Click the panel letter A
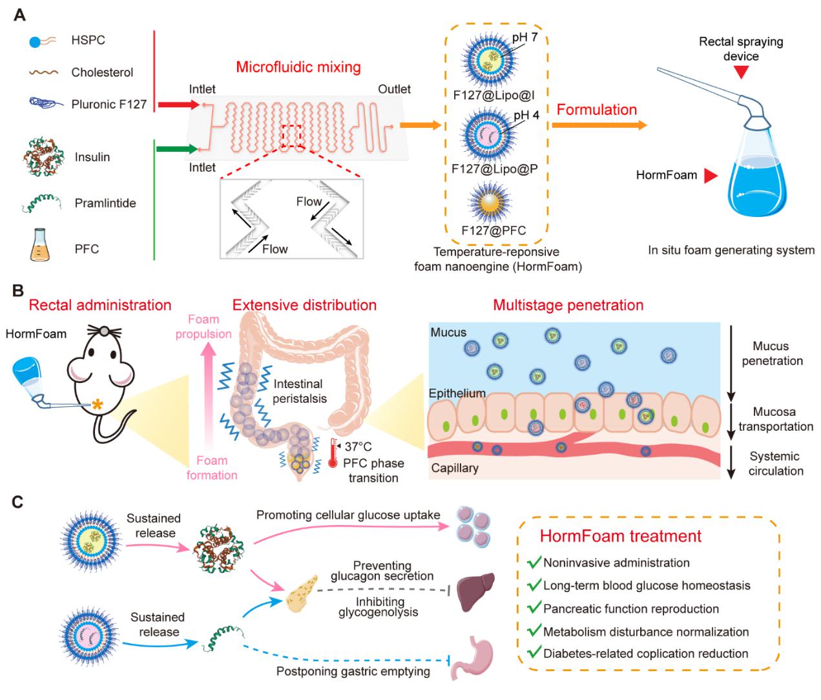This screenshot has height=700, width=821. (x=20, y=14)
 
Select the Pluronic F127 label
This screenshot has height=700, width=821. (x=109, y=104)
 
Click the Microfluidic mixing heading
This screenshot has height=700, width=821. (x=298, y=67)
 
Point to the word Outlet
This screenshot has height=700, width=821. (x=394, y=89)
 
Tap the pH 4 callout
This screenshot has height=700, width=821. (x=526, y=116)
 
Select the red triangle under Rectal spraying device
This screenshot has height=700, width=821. (x=741, y=72)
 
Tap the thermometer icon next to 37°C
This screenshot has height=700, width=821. (x=333, y=453)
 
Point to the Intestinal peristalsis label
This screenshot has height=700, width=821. (x=299, y=391)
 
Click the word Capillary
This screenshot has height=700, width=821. (x=455, y=468)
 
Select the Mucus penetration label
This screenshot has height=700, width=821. (x=772, y=353)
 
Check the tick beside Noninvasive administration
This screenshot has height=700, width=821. (x=534, y=562)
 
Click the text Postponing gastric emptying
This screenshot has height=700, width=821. (x=353, y=672)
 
